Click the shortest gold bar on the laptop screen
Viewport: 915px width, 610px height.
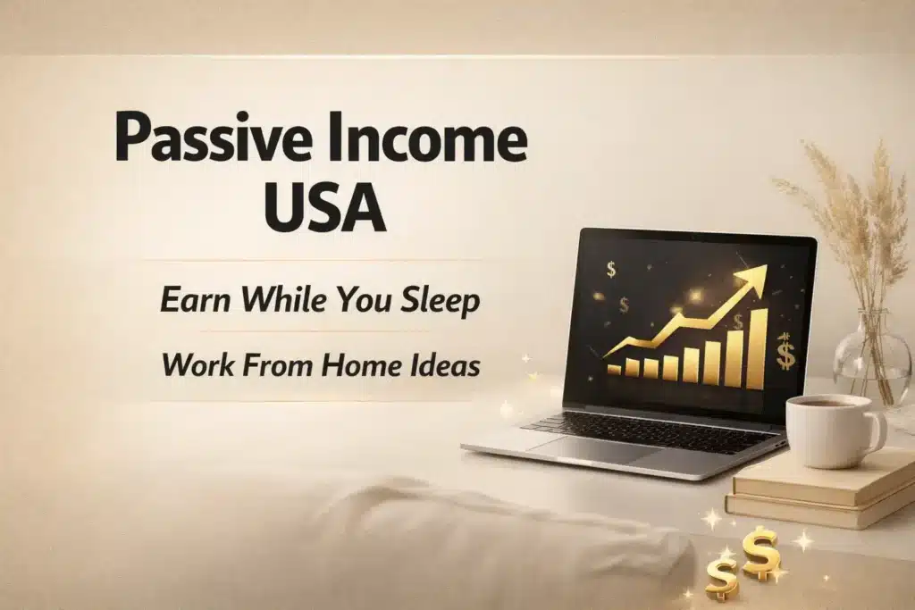(x=614, y=369)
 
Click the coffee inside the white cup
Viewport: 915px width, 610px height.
(x=822, y=404)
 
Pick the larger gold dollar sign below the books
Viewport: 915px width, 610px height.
(x=760, y=552)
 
